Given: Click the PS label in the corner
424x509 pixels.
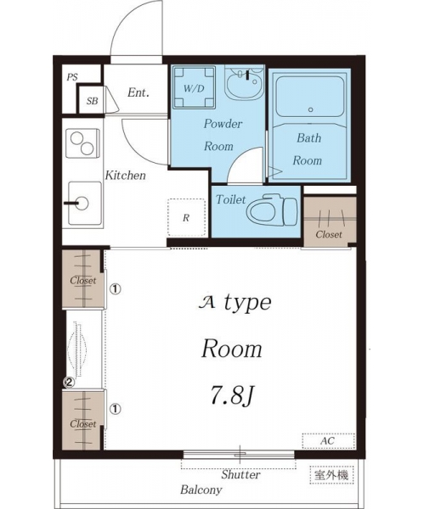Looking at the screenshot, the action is pos(72,77).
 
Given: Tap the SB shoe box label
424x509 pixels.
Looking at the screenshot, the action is pos(92,101).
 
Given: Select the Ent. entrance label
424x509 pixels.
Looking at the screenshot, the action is pos(139,92).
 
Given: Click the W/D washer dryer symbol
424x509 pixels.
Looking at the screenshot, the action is pos(194,87).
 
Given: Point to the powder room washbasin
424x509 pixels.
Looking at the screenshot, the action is pos(244,85).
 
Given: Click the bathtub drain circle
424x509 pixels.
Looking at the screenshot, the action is pos(310,109).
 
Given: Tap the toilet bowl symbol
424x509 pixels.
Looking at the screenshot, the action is pos(272,210).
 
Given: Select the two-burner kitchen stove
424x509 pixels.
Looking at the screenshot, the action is pos(82,143).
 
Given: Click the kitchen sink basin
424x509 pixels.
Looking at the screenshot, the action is pos(84,204).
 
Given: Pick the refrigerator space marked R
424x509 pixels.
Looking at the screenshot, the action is pos(187,217).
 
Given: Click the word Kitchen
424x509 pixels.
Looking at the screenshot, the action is pos(126,176).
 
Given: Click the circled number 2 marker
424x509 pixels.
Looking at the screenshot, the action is pos(69,383).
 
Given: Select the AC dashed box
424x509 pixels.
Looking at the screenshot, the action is pos(328,441).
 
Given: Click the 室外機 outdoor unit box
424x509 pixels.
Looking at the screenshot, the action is pos(331,475).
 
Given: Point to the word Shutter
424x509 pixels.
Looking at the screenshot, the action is pos(240,474).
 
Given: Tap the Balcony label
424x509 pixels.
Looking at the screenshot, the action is pos(201,489).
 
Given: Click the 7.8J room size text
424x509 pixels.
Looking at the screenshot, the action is pos(232,395).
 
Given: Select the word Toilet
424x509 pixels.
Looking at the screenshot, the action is pos(231,199).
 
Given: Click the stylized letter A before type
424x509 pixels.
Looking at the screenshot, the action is pos(206,303).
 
